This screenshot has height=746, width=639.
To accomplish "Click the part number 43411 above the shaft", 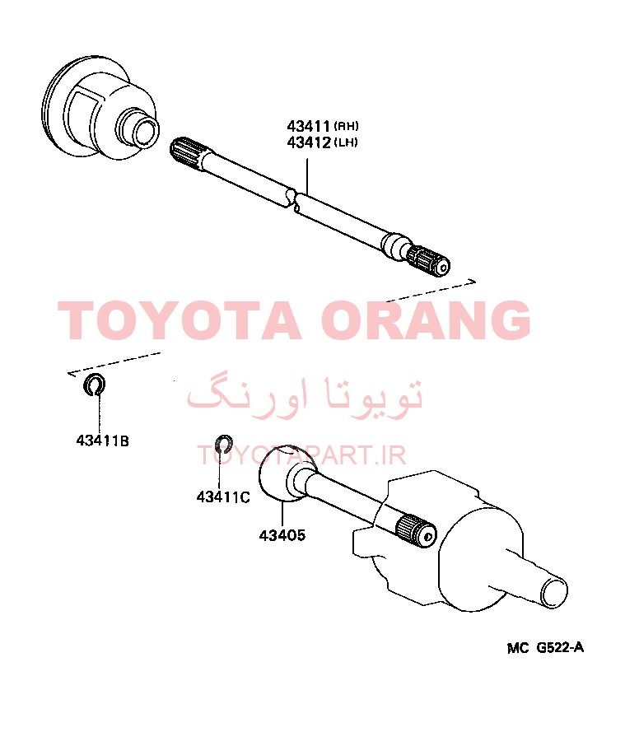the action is click(x=308, y=127).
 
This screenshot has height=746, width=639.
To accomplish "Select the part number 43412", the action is click(x=308, y=142).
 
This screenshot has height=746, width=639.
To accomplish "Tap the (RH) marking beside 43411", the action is click(x=346, y=126).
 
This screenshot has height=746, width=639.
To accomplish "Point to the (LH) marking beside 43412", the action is click(x=346, y=142).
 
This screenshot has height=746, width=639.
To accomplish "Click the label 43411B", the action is click(x=103, y=441).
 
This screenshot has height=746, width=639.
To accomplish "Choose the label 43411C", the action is click(x=223, y=497).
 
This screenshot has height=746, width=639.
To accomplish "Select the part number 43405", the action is click(x=282, y=535).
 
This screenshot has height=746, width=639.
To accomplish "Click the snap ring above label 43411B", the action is click(x=94, y=385).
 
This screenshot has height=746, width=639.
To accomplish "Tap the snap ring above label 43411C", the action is click(x=223, y=444).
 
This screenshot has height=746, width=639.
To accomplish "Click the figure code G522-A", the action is click(x=560, y=647).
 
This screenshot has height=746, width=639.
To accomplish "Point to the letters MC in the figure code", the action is click(x=518, y=648).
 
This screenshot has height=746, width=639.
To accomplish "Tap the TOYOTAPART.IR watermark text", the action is click(x=301, y=455).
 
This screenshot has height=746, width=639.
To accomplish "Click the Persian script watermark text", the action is click(x=304, y=399).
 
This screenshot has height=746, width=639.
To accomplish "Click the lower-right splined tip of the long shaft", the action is click(x=431, y=263).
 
